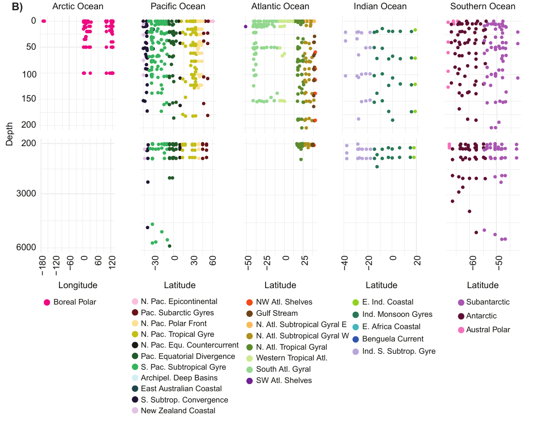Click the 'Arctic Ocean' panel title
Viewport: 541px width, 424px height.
(x=78, y=7)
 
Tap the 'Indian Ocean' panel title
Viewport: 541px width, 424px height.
(x=380, y=7)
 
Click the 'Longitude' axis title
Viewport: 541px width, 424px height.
(x=77, y=286)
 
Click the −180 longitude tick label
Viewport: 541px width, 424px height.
(x=43, y=266)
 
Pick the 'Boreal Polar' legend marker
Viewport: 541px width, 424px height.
(x=47, y=302)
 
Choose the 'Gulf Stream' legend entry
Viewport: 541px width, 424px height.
(x=274, y=314)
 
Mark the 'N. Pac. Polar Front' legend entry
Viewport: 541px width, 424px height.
(x=173, y=324)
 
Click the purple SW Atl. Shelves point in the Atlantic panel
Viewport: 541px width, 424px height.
(x=246, y=26)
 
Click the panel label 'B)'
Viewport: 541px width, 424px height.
(x=17, y=7)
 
